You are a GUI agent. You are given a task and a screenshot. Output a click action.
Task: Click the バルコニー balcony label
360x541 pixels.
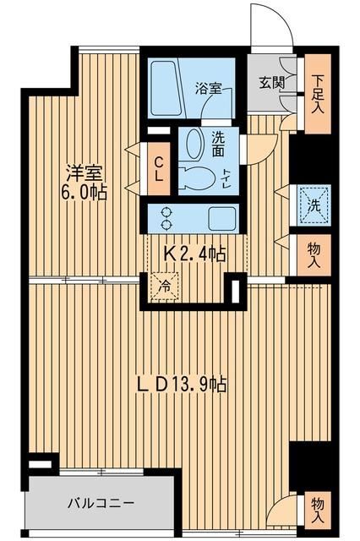click(x=101, y=504)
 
